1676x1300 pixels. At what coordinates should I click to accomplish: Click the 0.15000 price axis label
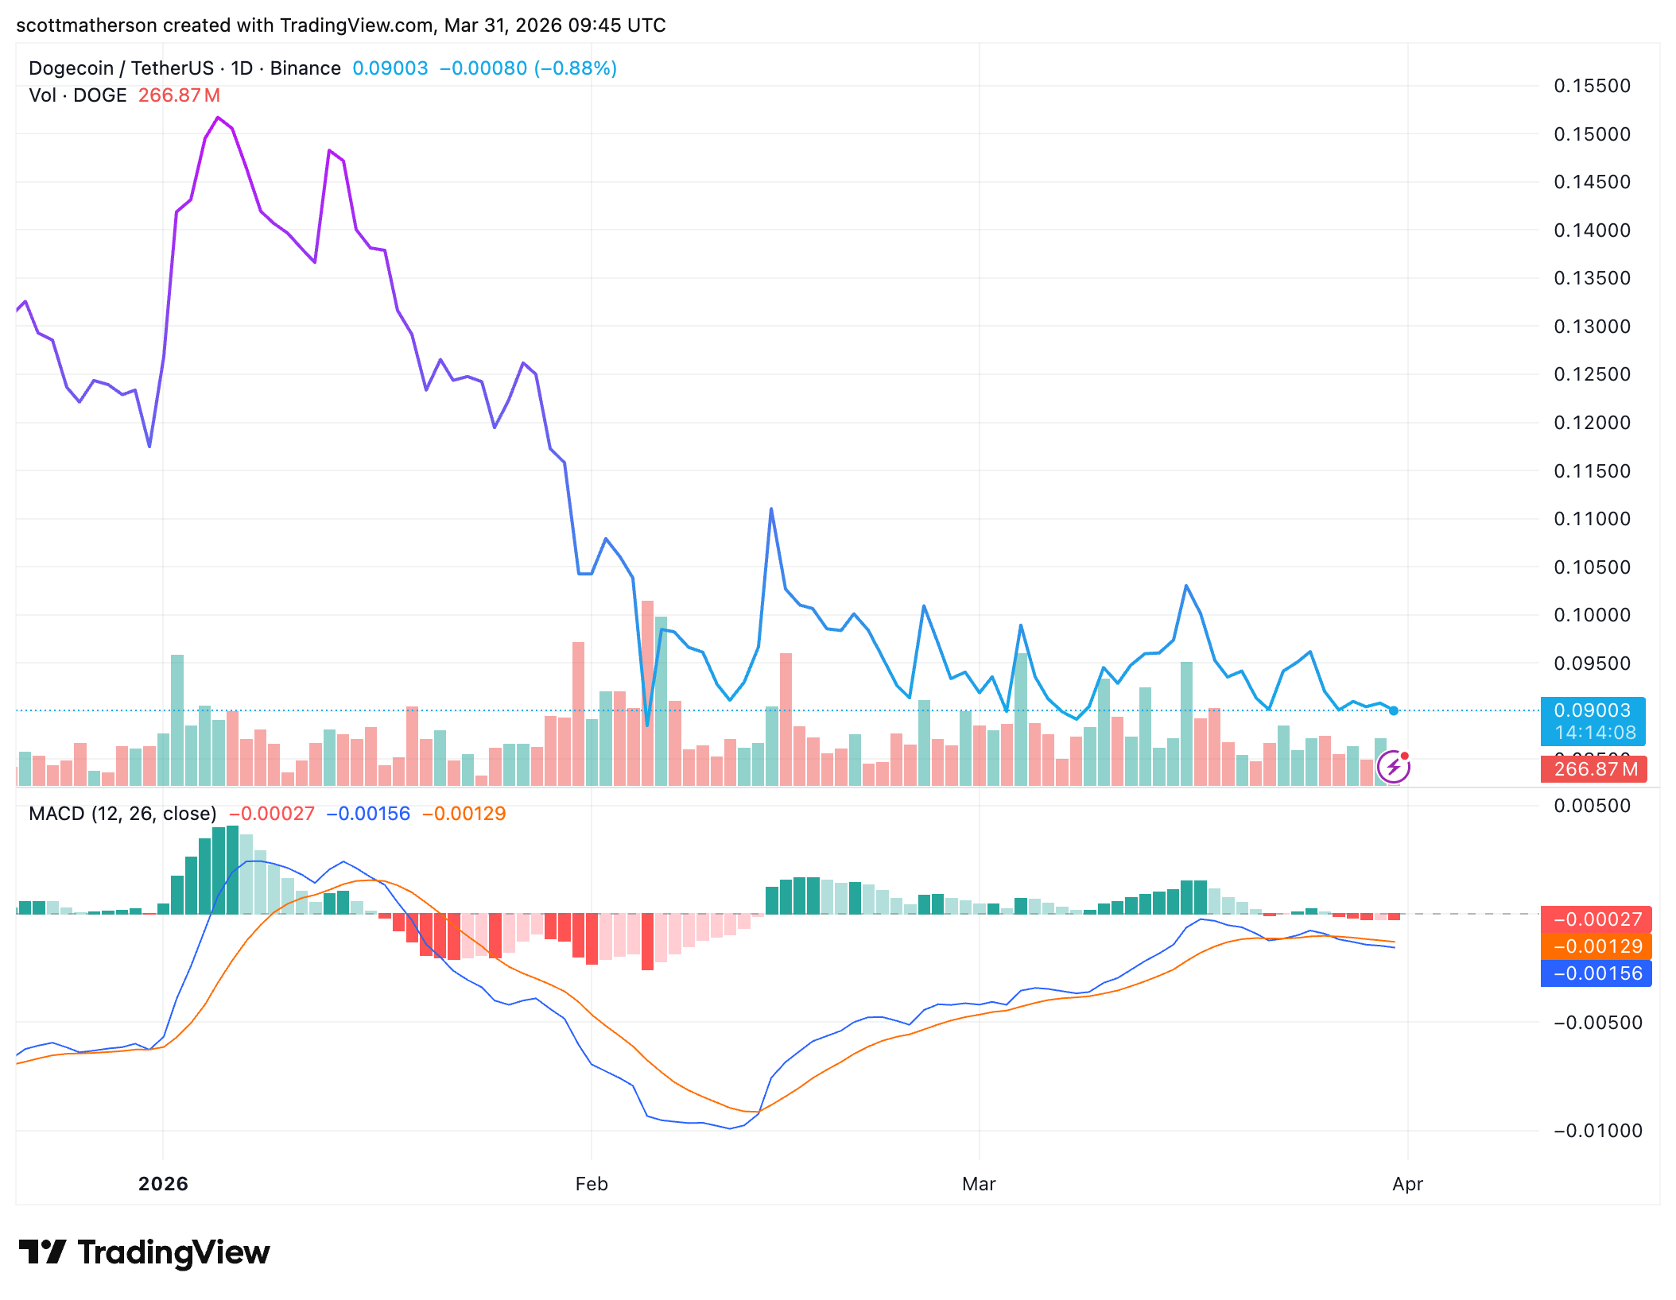point(1591,134)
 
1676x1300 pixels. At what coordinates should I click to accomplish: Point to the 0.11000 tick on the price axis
point(1591,519)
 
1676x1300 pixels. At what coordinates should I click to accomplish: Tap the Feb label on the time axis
point(592,1184)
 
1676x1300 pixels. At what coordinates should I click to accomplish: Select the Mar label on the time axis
point(979,1184)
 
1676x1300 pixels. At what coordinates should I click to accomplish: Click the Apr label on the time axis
point(1407,1184)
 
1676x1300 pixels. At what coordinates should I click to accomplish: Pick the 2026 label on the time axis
point(163,1184)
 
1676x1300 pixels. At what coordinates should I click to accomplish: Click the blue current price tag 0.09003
point(1592,710)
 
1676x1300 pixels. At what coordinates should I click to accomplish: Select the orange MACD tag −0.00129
point(1596,946)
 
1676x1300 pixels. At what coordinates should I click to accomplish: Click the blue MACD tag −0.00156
point(1596,973)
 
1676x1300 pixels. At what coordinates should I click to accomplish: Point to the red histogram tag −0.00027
point(1596,919)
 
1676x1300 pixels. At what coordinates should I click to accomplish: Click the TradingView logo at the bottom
point(145,1253)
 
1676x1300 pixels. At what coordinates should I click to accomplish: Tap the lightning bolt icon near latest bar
point(1393,767)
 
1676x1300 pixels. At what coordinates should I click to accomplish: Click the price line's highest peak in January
point(218,118)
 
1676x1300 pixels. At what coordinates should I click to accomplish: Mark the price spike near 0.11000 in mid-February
point(771,509)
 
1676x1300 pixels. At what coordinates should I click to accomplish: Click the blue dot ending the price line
point(1394,710)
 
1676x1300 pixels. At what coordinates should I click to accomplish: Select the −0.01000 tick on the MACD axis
point(1596,1131)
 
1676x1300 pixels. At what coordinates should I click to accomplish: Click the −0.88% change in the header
point(576,68)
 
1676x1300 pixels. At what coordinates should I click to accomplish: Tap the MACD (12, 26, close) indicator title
point(122,814)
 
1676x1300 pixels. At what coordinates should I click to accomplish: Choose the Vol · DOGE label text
point(78,95)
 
